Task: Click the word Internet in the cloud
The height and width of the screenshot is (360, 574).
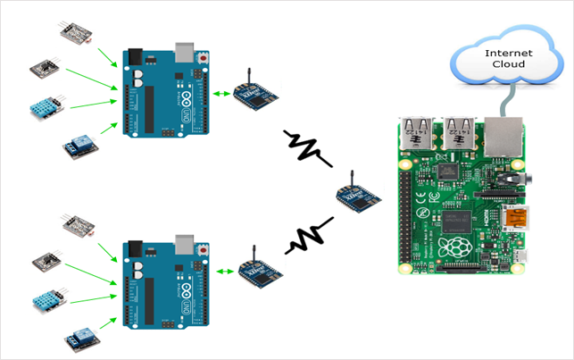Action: pos(508,54)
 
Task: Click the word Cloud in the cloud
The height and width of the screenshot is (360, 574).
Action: pos(508,65)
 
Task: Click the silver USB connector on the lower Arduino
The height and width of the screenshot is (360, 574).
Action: pos(186,244)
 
